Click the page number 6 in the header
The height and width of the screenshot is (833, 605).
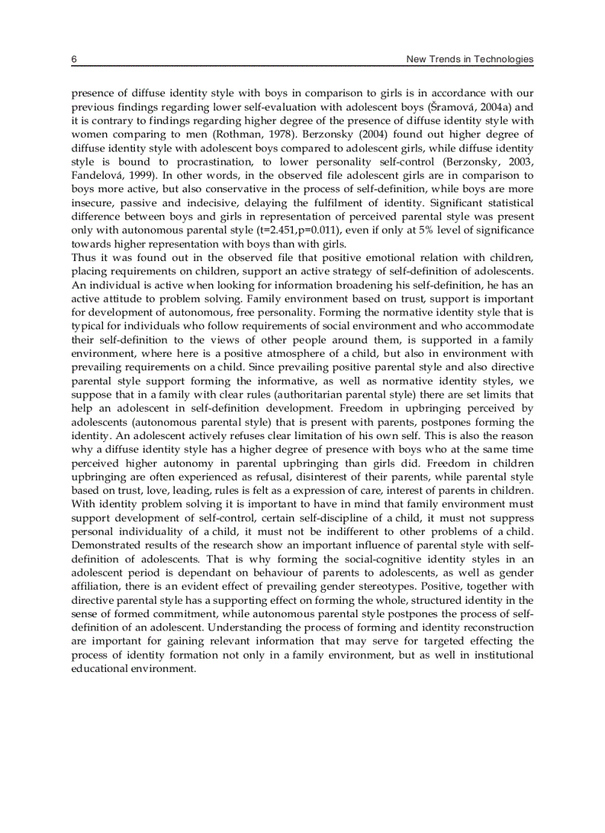tap(73, 59)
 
